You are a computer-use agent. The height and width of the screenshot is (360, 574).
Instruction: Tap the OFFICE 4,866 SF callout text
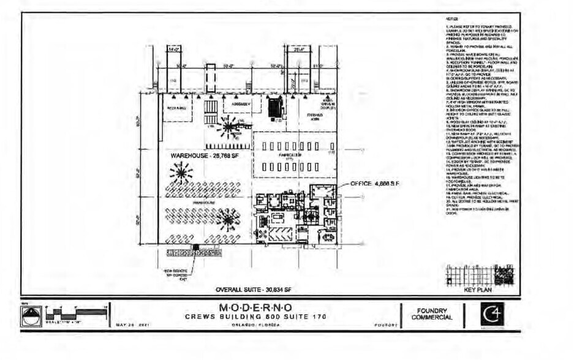point(374,183)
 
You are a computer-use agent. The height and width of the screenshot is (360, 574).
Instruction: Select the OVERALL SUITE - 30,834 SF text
point(256,289)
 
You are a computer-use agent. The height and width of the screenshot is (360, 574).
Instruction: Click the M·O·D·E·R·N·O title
point(255,307)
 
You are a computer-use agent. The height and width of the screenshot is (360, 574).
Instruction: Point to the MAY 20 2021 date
point(132,325)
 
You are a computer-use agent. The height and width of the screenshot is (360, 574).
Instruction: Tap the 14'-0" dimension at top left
point(173,48)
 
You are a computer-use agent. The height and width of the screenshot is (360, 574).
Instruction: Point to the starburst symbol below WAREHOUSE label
point(181,174)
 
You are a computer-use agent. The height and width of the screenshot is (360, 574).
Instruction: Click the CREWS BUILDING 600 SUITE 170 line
point(255,317)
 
